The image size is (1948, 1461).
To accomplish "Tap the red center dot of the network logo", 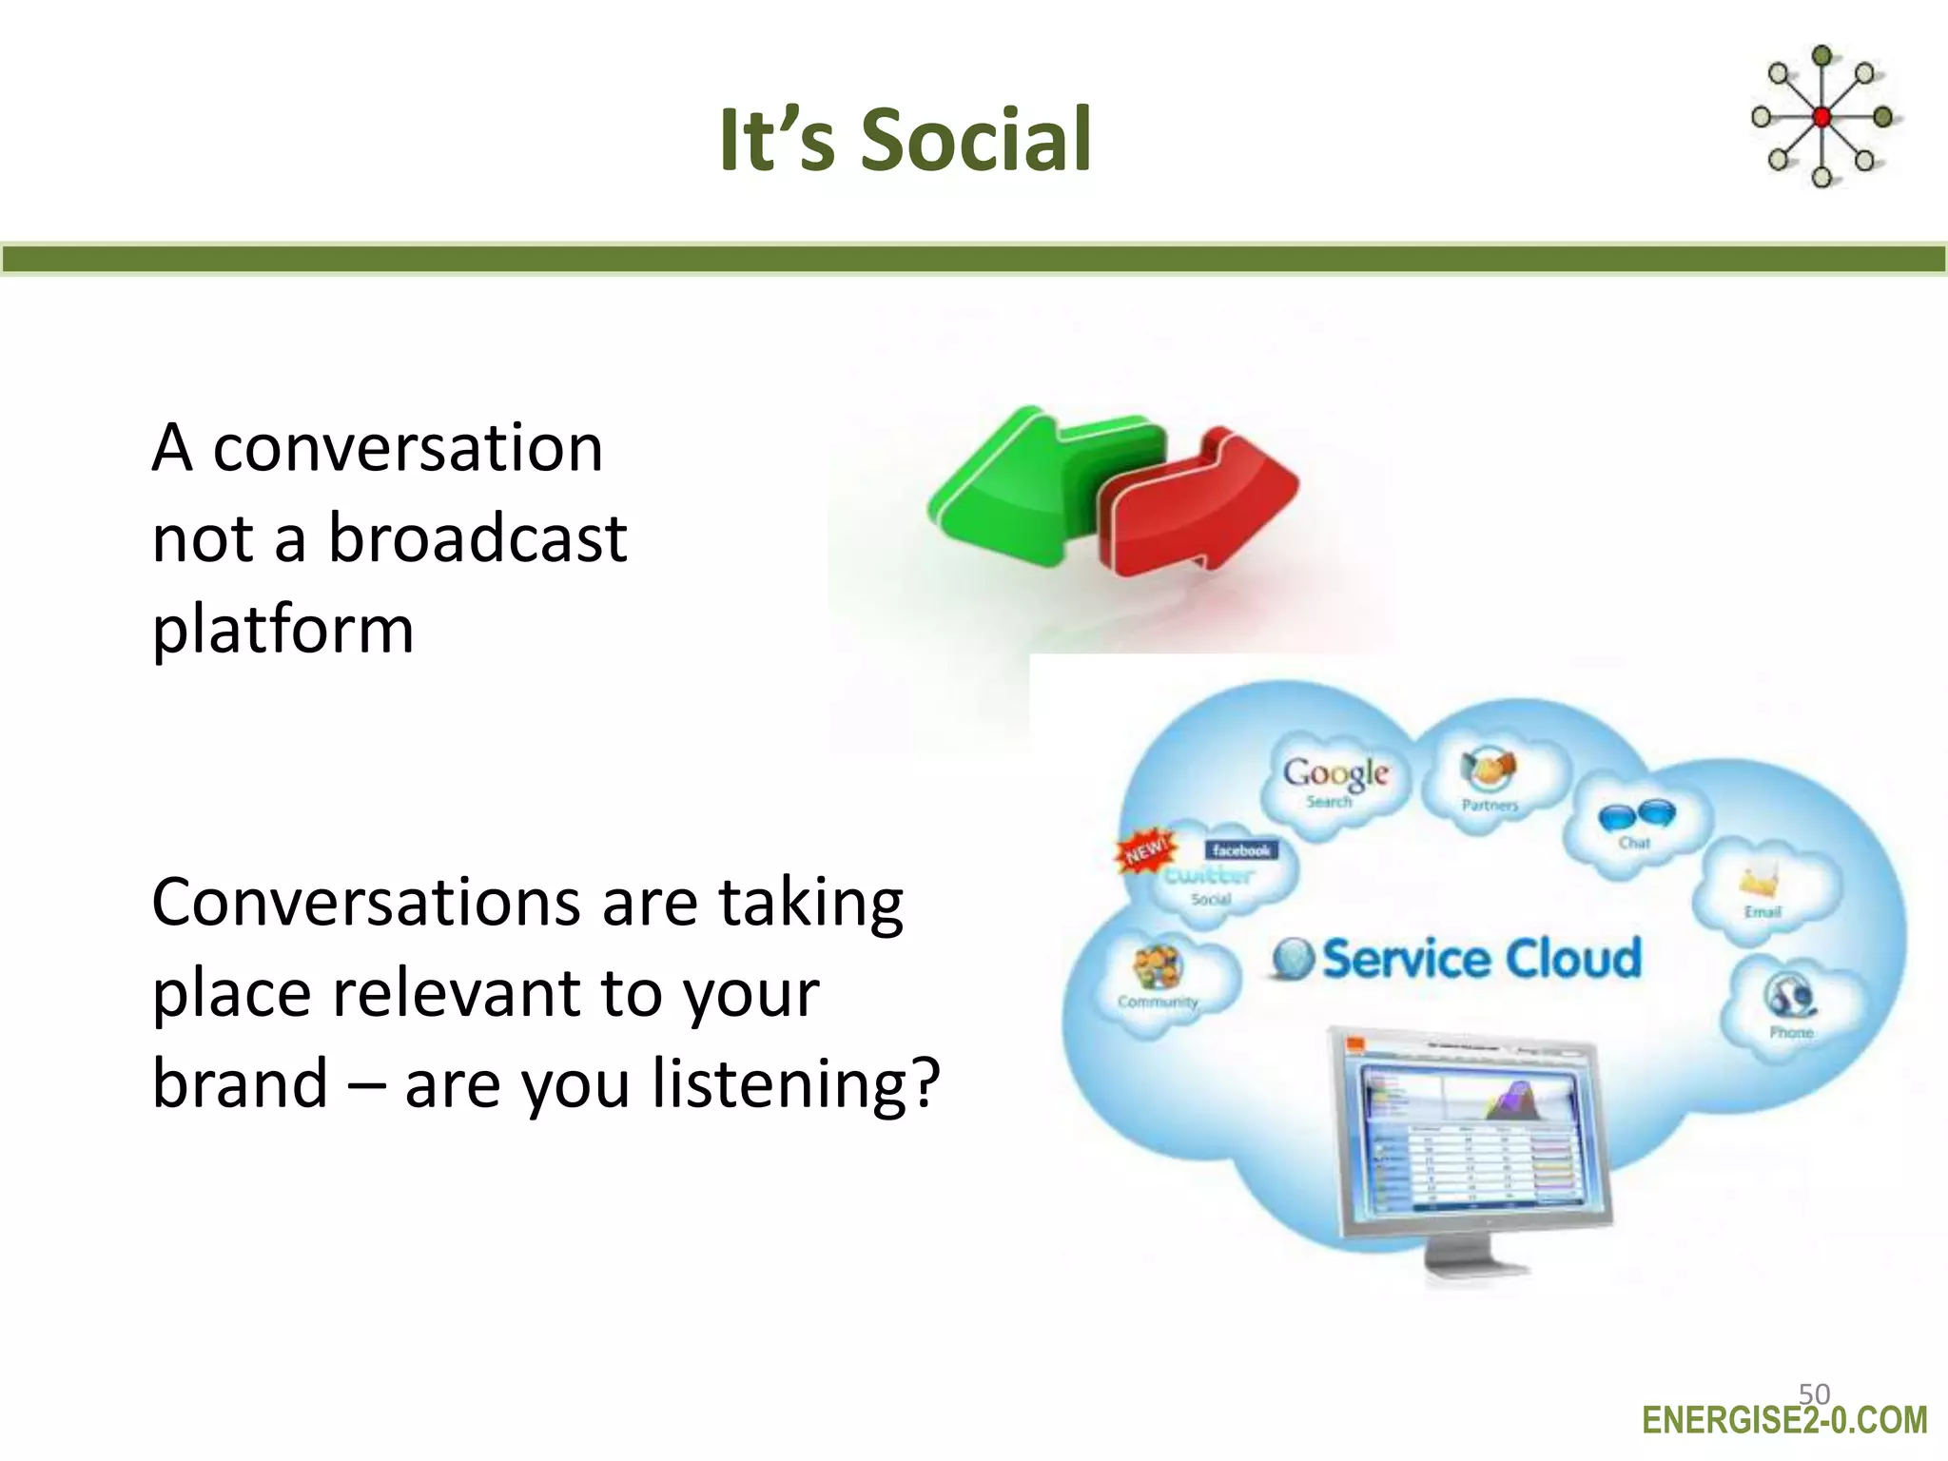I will [1821, 117].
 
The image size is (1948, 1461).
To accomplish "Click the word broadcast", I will [477, 538].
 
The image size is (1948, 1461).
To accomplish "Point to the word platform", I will [282, 630].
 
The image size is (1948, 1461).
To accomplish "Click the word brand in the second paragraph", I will [240, 1083].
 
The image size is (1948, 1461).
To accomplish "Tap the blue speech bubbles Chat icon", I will [1636, 816].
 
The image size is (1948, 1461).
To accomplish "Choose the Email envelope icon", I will [1760, 883].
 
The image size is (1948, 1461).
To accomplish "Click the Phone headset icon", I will [1790, 997].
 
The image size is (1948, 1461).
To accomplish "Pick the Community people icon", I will [1157, 968].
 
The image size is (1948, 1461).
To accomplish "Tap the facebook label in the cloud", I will [1241, 850].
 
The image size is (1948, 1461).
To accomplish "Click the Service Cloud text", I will [1480, 959].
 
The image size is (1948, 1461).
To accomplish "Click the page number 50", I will [1814, 1393].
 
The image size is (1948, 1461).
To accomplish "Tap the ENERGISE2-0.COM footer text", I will [1784, 1421].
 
